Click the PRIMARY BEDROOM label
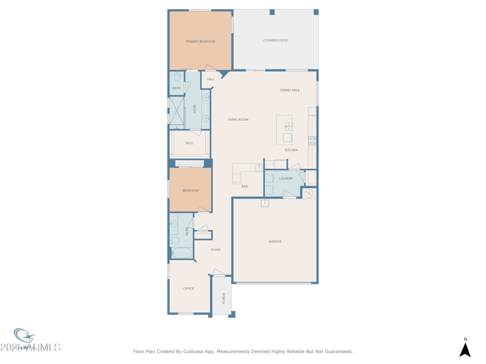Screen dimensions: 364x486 tap(200, 41)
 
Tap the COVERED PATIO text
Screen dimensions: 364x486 tap(275, 41)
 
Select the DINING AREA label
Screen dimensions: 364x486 tap(290, 90)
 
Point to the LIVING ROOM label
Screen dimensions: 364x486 tap(238, 120)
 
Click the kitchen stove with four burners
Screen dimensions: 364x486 tap(312, 141)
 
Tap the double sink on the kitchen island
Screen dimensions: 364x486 tap(289, 126)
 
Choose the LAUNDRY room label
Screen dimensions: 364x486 tap(286, 178)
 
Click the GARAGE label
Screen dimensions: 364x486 tap(275, 241)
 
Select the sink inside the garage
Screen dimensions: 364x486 tap(265, 203)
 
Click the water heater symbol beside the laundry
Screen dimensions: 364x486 tap(309, 194)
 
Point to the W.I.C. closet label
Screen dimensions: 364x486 tap(190, 143)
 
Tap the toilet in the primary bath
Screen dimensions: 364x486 tap(177, 77)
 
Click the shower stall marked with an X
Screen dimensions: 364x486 tap(176, 111)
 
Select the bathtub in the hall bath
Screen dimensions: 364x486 tap(181, 253)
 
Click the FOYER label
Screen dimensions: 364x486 tap(216, 250)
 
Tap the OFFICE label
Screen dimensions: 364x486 tap(189, 289)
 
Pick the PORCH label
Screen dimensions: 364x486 tap(223, 298)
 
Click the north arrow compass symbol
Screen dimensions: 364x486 tap(465, 349)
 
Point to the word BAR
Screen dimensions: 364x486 tap(244, 187)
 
